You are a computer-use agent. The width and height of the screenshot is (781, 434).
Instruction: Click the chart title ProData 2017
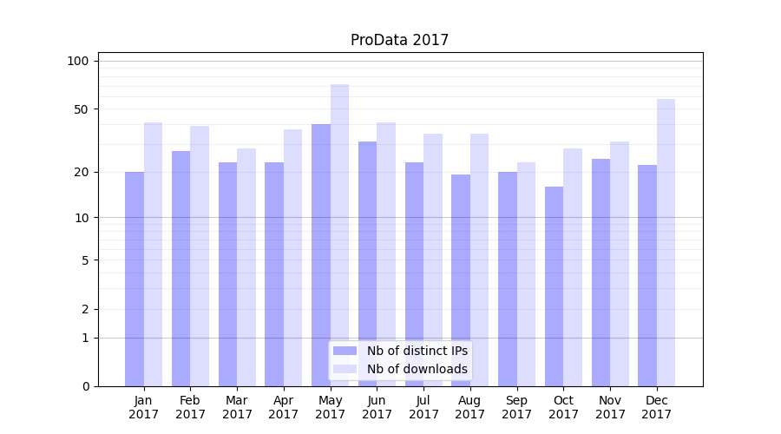(399, 40)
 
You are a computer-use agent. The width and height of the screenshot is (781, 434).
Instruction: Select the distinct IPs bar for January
(135, 278)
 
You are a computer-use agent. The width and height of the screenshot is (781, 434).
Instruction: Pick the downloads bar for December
(666, 243)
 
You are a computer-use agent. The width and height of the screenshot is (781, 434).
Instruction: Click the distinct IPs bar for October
(554, 286)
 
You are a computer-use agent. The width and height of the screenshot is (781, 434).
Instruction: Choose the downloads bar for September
(526, 273)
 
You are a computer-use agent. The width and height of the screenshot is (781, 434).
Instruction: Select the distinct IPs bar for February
(180, 269)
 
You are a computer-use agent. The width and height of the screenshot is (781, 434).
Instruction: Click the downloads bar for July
(433, 260)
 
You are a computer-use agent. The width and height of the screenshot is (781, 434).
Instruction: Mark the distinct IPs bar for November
(601, 273)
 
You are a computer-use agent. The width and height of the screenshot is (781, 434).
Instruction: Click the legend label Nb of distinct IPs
(417, 351)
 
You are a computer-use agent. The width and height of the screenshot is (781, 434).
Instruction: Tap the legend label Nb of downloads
(417, 369)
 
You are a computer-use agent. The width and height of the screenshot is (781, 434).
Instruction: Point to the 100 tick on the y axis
(78, 61)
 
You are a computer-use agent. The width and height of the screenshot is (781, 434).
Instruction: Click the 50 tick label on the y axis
(81, 109)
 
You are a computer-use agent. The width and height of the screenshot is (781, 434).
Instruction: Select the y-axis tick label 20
(81, 172)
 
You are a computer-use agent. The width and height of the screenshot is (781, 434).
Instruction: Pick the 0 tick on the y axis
(85, 386)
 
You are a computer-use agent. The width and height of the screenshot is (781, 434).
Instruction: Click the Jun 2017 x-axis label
(377, 407)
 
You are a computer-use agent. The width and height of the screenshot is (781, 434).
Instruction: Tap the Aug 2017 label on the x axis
(470, 407)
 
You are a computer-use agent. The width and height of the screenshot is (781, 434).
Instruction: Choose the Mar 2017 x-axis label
(237, 407)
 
